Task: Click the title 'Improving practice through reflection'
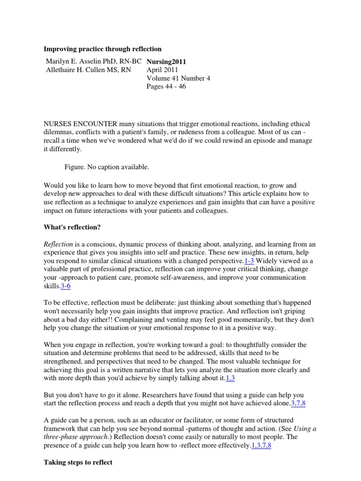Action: (x=102, y=49)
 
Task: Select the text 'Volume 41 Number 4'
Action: (x=179, y=78)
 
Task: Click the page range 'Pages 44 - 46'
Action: (x=166, y=86)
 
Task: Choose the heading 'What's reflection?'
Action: (x=72, y=227)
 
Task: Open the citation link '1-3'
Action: (x=250, y=261)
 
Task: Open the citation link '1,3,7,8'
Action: (x=261, y=445)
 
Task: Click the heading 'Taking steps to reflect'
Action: (x=78, y=462)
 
